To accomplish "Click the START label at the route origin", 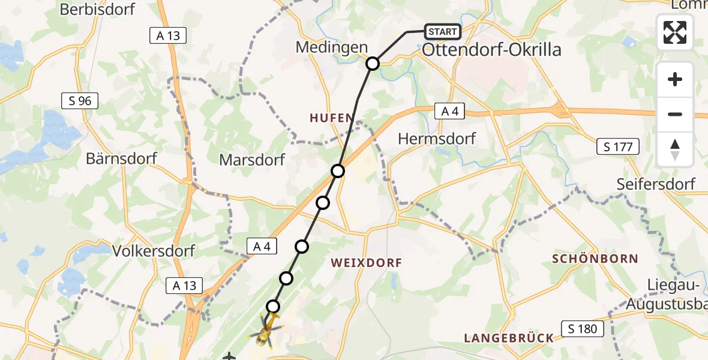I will tap(443, 32).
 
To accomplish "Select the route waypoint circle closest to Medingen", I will tap(373, 64).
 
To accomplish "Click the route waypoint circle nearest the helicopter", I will tap(273, 307).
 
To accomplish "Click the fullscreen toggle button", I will tap(675, 32).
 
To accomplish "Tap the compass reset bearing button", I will tap(675, 149).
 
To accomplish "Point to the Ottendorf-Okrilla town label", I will tap(491, 50).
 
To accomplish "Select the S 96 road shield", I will tap(79, 101).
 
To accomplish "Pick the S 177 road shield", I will tap(618, 146).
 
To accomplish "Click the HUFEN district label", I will tap(330, 119).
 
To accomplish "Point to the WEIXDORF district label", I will tap(366, 263).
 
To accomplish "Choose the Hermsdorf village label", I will tap(437, 139).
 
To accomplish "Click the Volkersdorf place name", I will tap(154, 250).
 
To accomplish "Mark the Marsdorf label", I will tap(252, 160).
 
